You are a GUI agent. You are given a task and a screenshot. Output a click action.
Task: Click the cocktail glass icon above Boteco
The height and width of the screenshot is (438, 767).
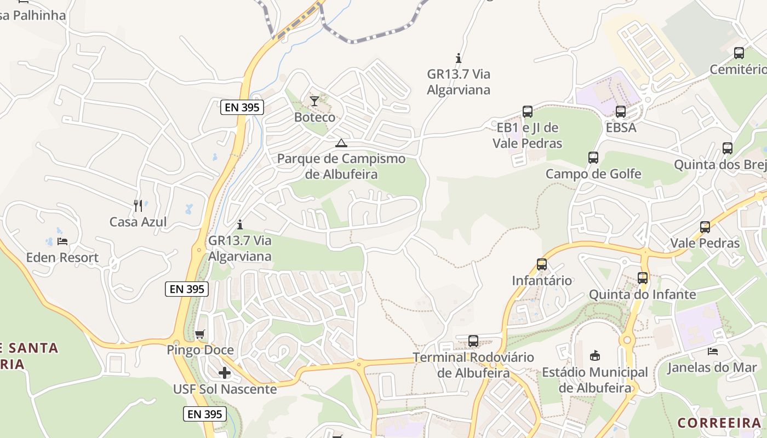(314, 101)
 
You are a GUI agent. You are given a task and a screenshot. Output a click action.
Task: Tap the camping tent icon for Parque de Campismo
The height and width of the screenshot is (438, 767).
(341, 143)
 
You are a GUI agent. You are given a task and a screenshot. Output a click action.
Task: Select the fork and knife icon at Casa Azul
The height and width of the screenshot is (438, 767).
(138, 206)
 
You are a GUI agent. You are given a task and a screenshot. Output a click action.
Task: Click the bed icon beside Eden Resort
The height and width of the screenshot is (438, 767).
(62, 241)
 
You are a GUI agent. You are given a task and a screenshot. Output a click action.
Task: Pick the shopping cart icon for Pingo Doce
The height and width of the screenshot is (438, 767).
(200, 334)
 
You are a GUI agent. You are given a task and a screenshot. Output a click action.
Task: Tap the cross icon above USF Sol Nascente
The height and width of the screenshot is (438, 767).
(225, 373)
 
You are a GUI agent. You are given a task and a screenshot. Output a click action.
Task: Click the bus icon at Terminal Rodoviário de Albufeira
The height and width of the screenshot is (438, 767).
(473, 341)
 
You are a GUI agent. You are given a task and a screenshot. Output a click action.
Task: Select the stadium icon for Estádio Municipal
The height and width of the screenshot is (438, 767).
(594, 356)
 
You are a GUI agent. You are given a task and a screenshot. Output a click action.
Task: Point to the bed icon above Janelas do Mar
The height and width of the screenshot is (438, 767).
(712, 351)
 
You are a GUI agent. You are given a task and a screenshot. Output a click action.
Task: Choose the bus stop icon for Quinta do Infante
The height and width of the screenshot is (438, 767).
(643, 278)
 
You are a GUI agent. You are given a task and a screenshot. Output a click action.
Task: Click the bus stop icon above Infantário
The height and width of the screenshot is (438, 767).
(542, 264)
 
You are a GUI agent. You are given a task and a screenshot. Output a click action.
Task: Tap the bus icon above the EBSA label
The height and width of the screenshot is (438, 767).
(621, 112)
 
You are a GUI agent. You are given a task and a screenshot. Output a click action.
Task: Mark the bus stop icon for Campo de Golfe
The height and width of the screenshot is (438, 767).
(593, 158)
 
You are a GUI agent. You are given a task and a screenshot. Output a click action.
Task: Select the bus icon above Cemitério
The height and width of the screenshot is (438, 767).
(739, 53)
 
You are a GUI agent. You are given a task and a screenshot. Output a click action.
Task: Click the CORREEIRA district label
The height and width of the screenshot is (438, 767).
(719, 423)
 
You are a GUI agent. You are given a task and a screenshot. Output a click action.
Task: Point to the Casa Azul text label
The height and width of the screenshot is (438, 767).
(138, 222)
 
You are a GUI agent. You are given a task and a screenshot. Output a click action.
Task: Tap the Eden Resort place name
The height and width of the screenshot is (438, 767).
(62, 257)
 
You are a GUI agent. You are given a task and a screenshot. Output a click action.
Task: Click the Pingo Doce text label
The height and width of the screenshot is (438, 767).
(200, 350)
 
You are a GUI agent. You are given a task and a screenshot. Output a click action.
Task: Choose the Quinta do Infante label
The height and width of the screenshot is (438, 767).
(643, 294)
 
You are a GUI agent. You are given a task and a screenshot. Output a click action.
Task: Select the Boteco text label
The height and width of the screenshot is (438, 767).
(314, 117)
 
